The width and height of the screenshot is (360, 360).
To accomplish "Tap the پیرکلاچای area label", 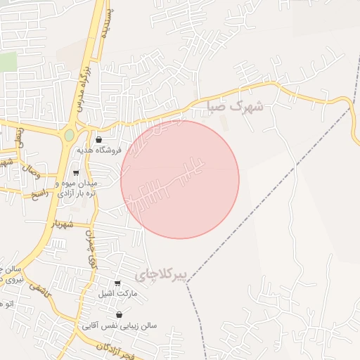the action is [162, 275].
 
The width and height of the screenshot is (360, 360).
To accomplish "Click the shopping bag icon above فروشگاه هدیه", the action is [98, 139].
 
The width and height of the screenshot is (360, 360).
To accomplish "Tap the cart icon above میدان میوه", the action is [76, 173].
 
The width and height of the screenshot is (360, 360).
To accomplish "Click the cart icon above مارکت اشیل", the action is [117, 283].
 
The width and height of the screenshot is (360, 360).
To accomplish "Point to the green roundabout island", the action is [69, 135].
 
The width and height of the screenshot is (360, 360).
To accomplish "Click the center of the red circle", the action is [180, 179].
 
